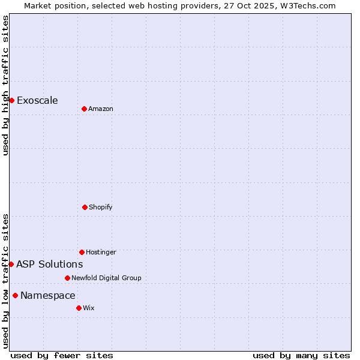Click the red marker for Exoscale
tap(11, 100)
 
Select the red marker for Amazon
tap(84, 109)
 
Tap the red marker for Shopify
tap(85, 207)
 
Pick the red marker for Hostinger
tap(82, 252)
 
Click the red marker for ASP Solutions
tap(11, 264)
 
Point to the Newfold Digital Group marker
tap(67, 278)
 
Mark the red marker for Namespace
tap(15, 295)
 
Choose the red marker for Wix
tap(79, 308)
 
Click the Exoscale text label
tap(37, 100)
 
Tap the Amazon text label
tap(101, 109)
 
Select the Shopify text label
tap(101, 207)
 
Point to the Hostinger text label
tap(101, 252)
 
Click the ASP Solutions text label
tap(49, 264)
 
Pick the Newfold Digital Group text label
tap(106, 278)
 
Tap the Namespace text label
tap(48, 295)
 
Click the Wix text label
tap(89, 308)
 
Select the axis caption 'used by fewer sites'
tap(62, 355)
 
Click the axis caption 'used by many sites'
tap(301, 355)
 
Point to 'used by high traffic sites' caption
tap(5, 85)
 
